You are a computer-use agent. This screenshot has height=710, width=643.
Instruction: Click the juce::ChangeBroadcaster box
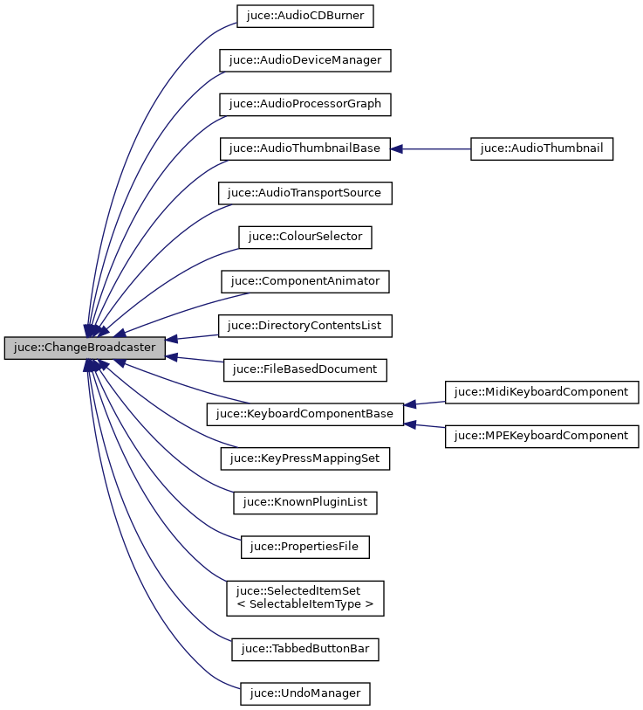point(85,348)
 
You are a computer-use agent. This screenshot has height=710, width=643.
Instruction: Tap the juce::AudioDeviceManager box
point(304,60)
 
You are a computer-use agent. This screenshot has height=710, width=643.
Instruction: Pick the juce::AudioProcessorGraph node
point(304,104)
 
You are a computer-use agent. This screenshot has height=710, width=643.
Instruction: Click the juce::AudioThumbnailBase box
point(304,148)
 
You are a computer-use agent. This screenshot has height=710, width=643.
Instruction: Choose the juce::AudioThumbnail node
point(542,148)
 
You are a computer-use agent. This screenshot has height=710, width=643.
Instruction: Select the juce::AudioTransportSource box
point(304,193)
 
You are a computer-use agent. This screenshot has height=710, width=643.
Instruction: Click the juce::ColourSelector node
point(305,237)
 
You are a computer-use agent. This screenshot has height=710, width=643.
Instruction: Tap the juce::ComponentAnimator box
point(304,281)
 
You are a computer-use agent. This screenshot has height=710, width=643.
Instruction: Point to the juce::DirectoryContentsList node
point(304,326)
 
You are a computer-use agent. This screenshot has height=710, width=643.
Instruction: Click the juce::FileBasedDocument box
point(304,369)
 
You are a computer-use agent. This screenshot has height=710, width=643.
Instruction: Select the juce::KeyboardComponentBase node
point(304,414)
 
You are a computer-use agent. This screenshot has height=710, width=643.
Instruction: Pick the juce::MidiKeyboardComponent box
point(543,392)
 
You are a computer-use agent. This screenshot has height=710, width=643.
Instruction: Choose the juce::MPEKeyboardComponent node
point(543,436)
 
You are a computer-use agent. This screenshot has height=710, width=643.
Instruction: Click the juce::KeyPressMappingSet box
point(304,458)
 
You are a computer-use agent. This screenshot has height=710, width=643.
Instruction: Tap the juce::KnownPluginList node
point(305,502)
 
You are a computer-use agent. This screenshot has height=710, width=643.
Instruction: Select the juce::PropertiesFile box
point(305,547)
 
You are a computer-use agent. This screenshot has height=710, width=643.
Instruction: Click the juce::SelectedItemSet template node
point(304,597)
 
